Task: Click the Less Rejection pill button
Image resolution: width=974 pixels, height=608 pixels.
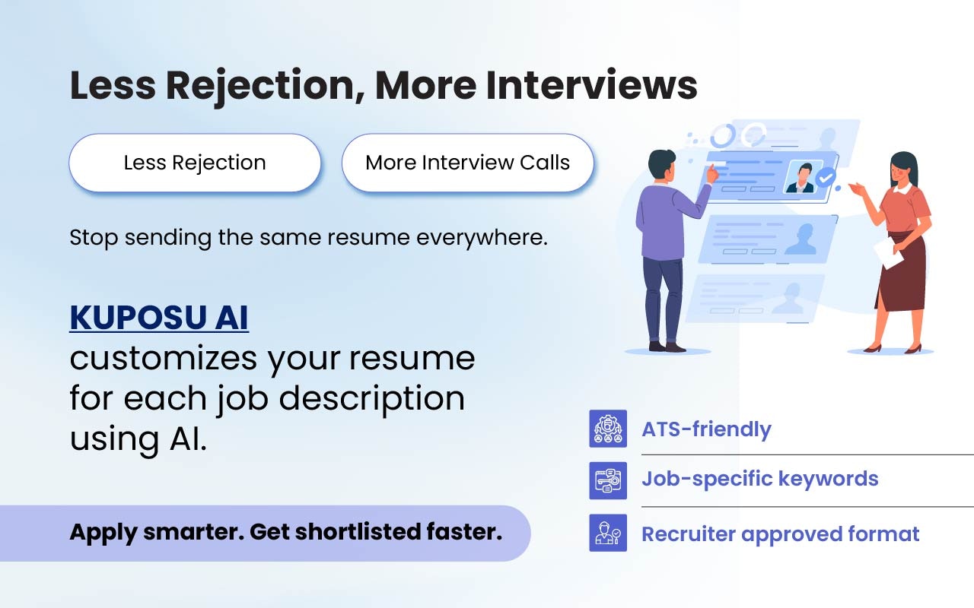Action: coord(195,163)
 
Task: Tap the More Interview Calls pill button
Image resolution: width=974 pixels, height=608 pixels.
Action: coord(467,163)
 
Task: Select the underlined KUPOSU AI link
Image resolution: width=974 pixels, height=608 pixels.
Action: coord(159,318)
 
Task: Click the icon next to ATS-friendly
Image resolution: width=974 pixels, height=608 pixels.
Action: coord(608,429)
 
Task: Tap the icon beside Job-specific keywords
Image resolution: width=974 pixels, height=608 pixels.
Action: coord(608,480)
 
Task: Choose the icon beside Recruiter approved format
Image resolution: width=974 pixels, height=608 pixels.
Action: coord(608,533)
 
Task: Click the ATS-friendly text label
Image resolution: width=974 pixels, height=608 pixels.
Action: coord(706,429)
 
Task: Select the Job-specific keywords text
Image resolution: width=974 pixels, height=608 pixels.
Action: coord(759,479)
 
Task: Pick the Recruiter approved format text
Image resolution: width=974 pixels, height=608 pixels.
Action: coord(780,534)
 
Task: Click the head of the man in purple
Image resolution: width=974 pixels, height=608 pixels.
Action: coord(661,163)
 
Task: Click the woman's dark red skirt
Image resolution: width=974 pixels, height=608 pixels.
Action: coord(902,274)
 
